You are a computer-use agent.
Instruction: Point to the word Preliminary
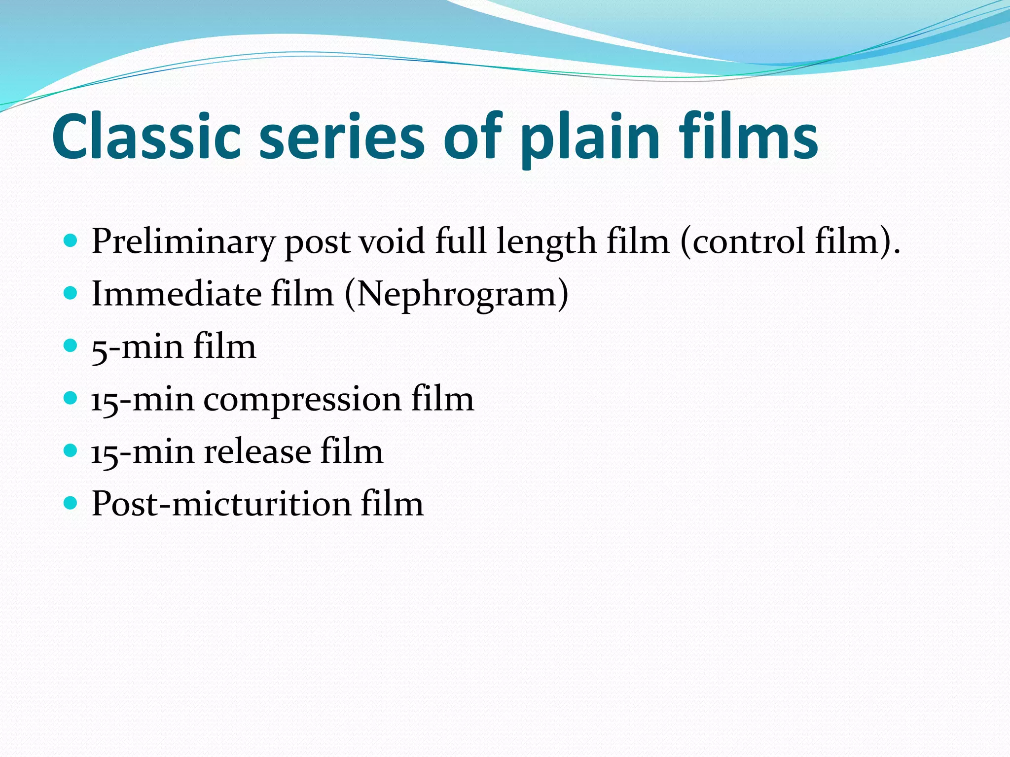click(183, 241)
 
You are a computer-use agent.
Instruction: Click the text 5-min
click(137, 346)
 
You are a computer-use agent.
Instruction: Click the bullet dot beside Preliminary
click(71, 241)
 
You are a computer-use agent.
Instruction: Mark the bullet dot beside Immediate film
click(71, 294)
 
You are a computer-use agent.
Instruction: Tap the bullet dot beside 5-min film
click(71, 345)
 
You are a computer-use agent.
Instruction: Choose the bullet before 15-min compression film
click(71, 398)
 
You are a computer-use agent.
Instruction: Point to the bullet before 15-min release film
click(71, 450)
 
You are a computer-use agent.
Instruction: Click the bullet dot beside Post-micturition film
click(71, 503)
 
